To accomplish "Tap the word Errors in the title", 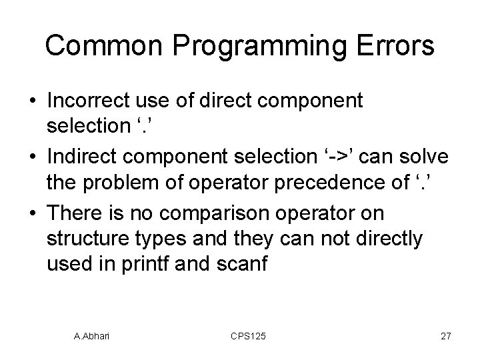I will pos(395,46).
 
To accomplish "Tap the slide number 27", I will pos(446,337).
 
